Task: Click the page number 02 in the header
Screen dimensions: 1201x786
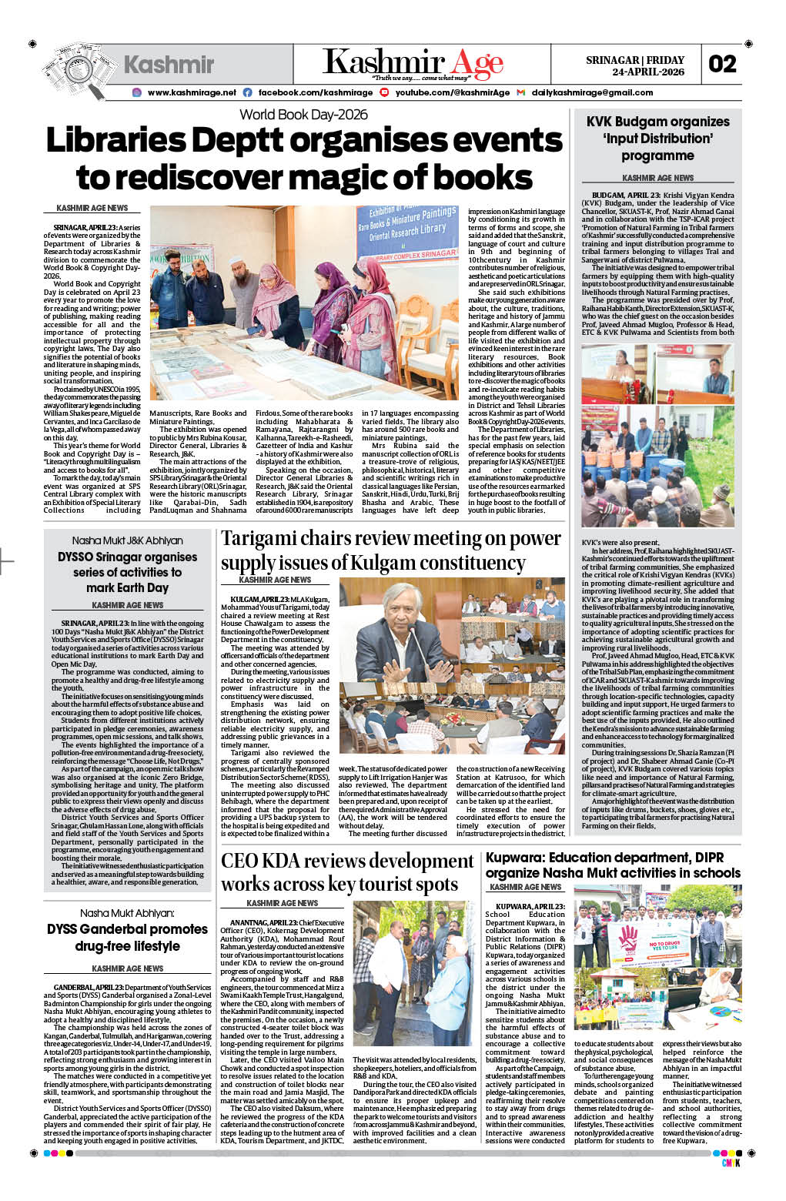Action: (x=722, y=64)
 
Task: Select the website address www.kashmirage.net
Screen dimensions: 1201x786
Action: (x=192, y=92)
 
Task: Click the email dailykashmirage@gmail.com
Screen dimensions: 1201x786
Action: (x=592, y=92)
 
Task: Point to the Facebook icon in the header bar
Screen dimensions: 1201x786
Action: (x=247, y=92)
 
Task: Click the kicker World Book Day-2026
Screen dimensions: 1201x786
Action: (x=303, y=115)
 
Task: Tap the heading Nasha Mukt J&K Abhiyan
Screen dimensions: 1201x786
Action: (x=128, y=540)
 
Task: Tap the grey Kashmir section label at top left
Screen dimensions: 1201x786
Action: (x=169, y=65)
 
